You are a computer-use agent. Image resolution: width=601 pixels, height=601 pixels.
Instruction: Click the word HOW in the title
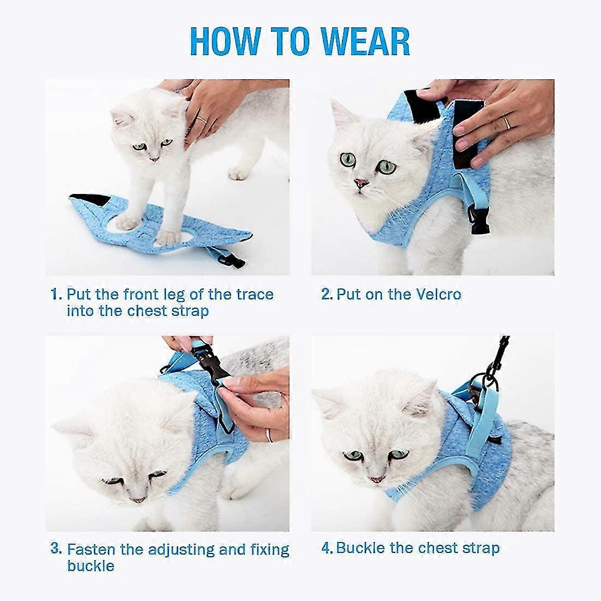pos(225,42)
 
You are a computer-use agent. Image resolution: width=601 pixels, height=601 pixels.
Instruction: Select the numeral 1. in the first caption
pos(56,294)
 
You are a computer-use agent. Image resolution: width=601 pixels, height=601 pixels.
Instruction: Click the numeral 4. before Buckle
pos(327,548)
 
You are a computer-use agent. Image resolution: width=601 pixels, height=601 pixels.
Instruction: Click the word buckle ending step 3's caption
pos(91,565)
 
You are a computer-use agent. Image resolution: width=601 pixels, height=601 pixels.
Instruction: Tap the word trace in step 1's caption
pos(255,294)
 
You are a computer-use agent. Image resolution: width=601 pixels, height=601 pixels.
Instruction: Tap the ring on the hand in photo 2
pos(506,122)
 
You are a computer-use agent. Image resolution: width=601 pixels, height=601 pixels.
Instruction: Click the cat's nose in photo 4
pos(376,479)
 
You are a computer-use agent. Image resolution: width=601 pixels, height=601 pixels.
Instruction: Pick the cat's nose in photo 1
pos(154,158)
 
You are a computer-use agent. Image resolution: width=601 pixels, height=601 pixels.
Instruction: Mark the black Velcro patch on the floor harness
pos(91,199)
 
